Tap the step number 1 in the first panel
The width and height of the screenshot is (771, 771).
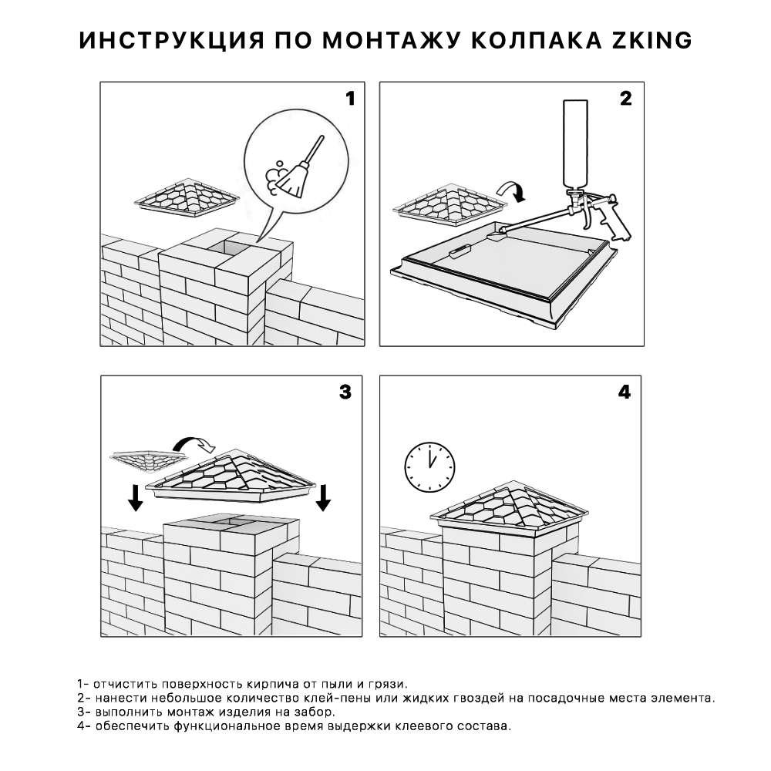[349, 99]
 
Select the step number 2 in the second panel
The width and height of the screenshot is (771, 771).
[625, 99]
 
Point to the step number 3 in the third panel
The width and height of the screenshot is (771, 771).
[345, 392]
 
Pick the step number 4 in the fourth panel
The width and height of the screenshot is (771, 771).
[625, 392]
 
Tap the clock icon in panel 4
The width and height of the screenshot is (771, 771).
[429, 465]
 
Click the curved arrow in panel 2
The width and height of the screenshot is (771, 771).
[510, 190]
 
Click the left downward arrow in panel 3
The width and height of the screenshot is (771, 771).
[136, 497]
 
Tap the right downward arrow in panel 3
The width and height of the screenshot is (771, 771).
[323, 497]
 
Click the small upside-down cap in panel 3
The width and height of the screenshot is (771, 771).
[148, 461]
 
